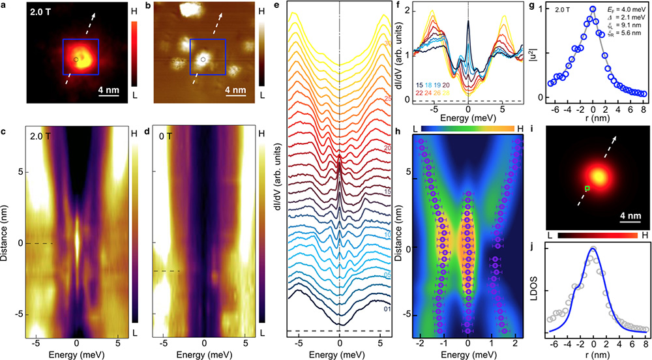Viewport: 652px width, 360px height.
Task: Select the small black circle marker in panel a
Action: click(x=76, y=59)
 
